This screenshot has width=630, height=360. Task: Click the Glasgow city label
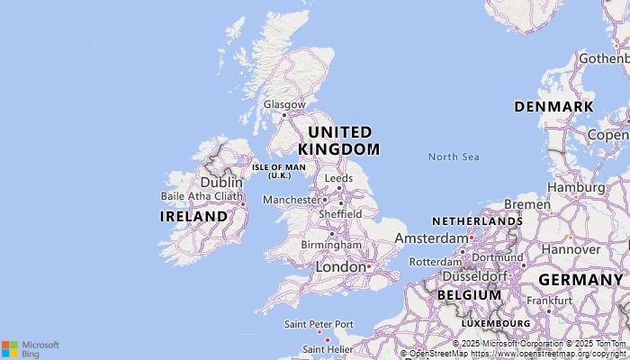(283, 104)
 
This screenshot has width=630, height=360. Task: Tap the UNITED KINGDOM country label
(338, 140)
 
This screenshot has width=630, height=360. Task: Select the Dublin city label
(221, 182)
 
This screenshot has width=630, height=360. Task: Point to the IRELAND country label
(193, 217)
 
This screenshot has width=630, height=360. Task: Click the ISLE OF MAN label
(278, 171)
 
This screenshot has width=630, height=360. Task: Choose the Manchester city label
(291, 199)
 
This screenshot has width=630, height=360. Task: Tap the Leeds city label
(338, 178)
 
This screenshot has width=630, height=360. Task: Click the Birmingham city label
(332, 245)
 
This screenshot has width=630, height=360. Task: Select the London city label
(339, 267)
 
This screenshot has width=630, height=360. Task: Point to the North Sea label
(454, 157)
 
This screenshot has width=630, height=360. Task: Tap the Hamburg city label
(576, 187)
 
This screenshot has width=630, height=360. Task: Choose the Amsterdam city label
(431, 238)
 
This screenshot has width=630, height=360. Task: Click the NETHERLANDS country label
(477, 221)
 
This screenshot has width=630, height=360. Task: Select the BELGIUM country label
(469, 295)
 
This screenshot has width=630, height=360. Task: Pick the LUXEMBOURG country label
(496, 322)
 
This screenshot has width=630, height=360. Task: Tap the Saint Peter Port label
(319, 324)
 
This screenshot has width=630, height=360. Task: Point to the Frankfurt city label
(549, 301)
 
